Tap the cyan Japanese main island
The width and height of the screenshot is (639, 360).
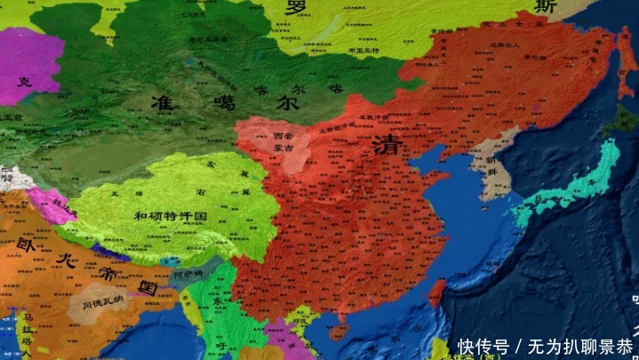pos(569,187)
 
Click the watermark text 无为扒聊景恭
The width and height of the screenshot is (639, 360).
pos(578,345)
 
